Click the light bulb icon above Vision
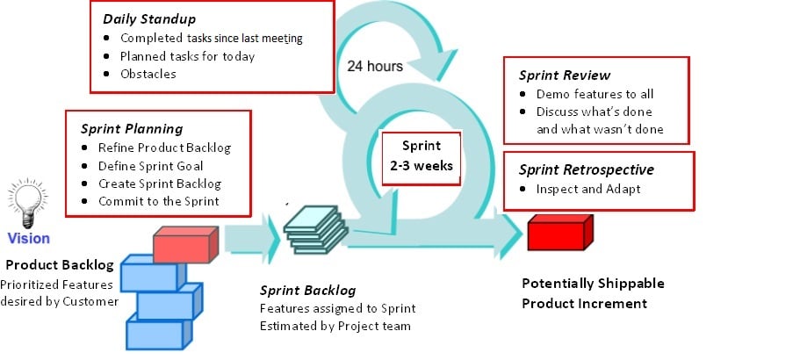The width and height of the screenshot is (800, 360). pyautogui.click(x=27, y=204)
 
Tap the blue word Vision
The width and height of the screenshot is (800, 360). pyautogui.click(x=29, y=238)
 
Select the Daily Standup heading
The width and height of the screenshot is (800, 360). pyautogui.click(x=149, y=19)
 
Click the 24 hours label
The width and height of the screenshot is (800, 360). pyautogui.click(x=375, y=66)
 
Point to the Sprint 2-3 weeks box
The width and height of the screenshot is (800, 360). pyautogui.click(x=422, y=159)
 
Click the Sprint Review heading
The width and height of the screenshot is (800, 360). pyautogui.click(x=565, y=76)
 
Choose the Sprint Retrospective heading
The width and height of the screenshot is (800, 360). pyautogui.click(x=587, y=169)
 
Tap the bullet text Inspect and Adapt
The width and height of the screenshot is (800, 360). pyautogui.click(x=588, y=189)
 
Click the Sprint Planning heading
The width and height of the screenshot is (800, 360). pyautogui.click(x=132, y=128)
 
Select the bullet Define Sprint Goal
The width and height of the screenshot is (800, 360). pyautogui.click(x=150, y=166)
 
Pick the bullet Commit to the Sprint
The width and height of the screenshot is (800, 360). pyautogui.click(x=159, y=201)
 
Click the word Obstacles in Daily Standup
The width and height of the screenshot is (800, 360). pyautogui.click(x=148, y=74)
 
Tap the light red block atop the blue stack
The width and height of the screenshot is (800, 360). pyautogui.click(x=185, y=245)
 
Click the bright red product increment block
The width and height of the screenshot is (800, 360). pyautogui.click(x=560, y=232)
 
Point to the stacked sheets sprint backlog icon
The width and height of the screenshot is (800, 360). pyautogui.click(x=315, y=229)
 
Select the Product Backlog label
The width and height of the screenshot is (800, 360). pyautogui.click(x=60, y=265)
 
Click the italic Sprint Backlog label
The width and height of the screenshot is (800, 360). pyautogui.click(x=307, y=291)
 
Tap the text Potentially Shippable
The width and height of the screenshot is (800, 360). pyautogui.click(x=593, y=284)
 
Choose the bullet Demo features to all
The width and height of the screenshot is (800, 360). pyautogui.click(x=595, y=94)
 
